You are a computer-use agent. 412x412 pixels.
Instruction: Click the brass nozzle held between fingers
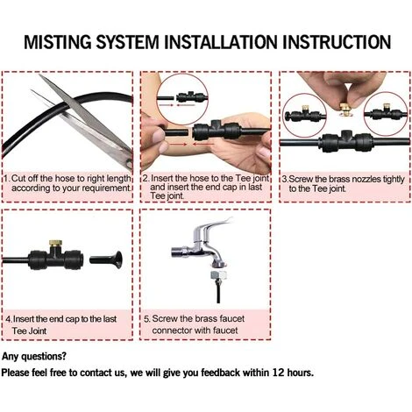[346, 108]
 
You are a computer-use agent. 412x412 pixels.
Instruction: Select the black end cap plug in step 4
[106, 259]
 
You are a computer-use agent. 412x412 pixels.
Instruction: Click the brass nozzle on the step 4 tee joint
[55, 244]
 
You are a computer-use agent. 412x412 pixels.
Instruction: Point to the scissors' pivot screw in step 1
[129, 163]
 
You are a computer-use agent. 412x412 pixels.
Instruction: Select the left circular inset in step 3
[304, 116]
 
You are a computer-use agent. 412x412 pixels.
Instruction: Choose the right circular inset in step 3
[386, 114]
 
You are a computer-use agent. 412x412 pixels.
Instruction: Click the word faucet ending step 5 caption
[225, 330]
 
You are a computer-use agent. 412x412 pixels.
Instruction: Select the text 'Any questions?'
[34, 357]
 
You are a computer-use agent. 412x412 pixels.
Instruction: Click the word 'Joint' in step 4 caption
[37, 331]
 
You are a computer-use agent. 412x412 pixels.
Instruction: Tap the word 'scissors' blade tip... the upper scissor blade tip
[40, 75]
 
